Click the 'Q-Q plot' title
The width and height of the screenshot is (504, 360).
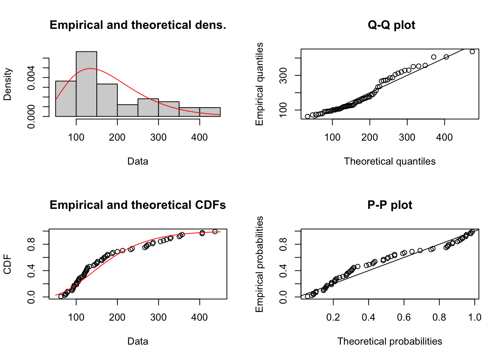click(x=391, y=25)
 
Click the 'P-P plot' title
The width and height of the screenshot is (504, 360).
click(x=390, y=205)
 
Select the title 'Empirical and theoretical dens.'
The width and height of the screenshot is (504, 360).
click(x=138, y=25)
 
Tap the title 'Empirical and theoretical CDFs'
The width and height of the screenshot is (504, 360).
click(x=138, y=205)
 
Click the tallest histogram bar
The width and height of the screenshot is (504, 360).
click(x=86, y=84)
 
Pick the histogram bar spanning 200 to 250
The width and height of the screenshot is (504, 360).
click(x=127, y=110)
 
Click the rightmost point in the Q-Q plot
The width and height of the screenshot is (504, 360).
click(x=472, y=52)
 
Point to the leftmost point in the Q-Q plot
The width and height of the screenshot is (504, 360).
click(x=307, y=116)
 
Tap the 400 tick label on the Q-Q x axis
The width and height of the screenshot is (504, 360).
click(x=444, y=138)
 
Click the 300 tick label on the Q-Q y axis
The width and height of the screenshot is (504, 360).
click(x=283, y=75)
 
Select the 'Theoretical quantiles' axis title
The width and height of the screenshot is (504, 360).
click(x=390, y=162)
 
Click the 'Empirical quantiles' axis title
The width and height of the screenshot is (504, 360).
click(x=259, y=84)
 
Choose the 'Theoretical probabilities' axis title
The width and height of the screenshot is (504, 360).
click(x=390, y=342)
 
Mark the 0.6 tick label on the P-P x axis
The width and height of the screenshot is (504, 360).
click(x=404, y=318)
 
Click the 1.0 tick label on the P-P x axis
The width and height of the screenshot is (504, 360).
click(x=474, y=318)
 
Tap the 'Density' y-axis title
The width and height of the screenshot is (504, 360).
click(x=7, y=84)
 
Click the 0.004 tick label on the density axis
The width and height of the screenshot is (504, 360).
click(x=31, y=78)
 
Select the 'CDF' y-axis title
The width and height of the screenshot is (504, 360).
click(x=7, y=264)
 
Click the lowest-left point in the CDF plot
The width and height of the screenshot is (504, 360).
click(x=61, y=296)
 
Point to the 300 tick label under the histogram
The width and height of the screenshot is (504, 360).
click(x=158, y=138)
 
